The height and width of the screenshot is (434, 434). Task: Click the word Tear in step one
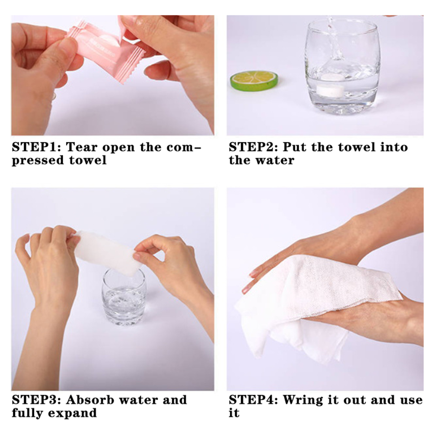click(x=82, y=147)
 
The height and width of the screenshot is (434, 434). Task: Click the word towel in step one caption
click(x=88, y=160)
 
